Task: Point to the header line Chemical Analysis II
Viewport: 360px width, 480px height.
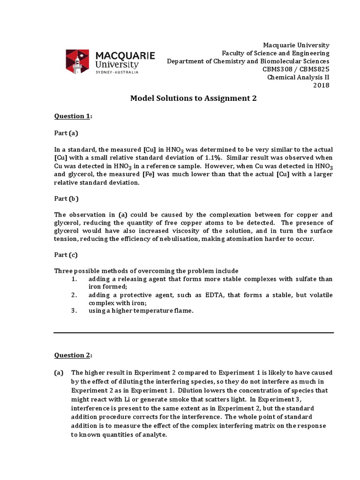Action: pyautogui.click(x=298, y=77)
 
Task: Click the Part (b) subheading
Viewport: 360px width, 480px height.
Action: pyautogui.click(x=66, y=198)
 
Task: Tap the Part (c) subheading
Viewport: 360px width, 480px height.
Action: pyautogui.click(x=66, y=255)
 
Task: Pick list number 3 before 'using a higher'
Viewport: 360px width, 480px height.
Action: pyautogui.click(x=74, y=311)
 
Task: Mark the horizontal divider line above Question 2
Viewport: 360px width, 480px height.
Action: pyautogui.click(x=194, y=332)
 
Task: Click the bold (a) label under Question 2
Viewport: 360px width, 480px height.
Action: pyautogui.click(x=59, y=373)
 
